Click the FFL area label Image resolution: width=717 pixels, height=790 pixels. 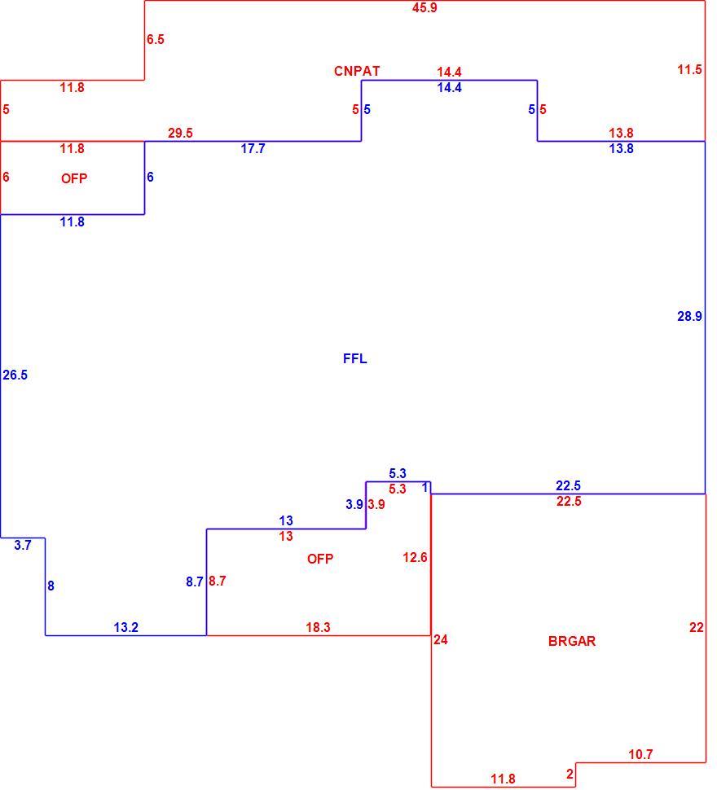coord(354,358)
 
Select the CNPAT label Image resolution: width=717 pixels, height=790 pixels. coord(357,71)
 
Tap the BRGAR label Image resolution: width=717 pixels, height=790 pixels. coord(572,641)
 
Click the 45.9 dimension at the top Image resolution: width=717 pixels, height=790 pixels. coord(424,7)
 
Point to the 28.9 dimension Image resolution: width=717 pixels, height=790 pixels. coord(689,316)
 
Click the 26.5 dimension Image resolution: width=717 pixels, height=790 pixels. coord(15,375)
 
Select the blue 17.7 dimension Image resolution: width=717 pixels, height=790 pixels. coord(253,148)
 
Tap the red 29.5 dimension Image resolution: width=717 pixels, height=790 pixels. coord(180,133)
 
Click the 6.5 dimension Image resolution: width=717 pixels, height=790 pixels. coord(156,39)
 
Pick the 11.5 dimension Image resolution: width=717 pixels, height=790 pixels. coord(689,69)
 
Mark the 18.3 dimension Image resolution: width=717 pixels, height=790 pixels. coord(318,627)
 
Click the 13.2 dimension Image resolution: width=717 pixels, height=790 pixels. coord(126,627)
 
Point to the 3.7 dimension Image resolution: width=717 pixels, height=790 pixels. coord(23,545)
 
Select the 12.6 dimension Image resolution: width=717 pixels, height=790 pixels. coord(416,557)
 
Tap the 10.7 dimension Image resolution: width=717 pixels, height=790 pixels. coord(640,754)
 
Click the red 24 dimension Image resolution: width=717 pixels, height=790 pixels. coord(440,639)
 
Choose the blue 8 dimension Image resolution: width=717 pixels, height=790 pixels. coord(51,586)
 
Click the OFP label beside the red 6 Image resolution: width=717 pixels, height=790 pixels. coord(74,178)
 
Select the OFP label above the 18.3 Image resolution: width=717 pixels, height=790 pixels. coord(320,559)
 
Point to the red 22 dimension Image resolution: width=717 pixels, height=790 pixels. coord(697,627)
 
